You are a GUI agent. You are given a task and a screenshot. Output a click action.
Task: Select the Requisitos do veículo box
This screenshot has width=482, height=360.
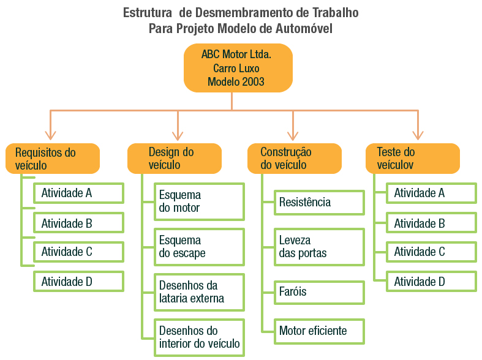(53, 159)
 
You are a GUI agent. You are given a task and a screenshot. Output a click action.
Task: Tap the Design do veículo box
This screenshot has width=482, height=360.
(174, 159)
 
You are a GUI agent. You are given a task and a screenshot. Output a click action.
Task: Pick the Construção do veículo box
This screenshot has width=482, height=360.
(295, 159)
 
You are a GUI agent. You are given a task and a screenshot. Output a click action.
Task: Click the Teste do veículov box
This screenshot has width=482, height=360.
(413, 159)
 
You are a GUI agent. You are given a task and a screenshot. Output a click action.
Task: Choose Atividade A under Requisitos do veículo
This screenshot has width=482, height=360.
(78, 193)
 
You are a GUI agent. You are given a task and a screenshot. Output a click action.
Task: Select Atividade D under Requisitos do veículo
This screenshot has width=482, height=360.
(78, 282)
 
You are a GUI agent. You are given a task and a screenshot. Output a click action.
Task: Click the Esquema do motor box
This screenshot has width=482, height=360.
(198, 201)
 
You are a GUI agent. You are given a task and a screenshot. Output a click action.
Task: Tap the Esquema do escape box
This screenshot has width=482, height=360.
(198, 247)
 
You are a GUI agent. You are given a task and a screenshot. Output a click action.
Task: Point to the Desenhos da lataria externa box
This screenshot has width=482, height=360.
(198, 292)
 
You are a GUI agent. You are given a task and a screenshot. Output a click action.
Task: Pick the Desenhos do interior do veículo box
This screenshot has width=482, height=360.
(198, 337)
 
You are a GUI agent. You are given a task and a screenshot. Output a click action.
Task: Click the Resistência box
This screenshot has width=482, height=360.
(318, 202)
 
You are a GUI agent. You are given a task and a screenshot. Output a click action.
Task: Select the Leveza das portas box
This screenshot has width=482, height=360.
(318, 247)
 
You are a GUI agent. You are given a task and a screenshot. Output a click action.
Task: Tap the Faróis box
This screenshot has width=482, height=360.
(318, 292)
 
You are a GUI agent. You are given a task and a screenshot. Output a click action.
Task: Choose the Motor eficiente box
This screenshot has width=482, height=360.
(318, 331)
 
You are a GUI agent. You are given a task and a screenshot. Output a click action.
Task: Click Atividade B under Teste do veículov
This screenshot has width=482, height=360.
(431, 223)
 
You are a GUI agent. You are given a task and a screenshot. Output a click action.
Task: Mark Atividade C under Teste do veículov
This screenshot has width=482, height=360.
(431, 252)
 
